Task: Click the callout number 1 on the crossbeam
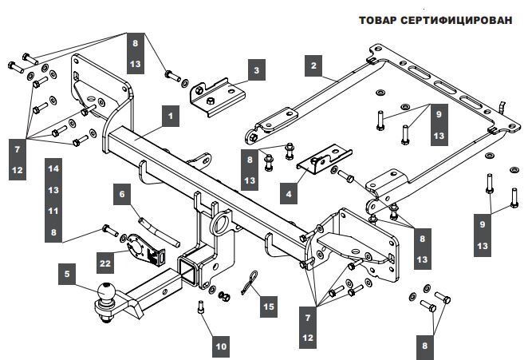click(169, 115)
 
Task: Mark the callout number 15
click(269, 306)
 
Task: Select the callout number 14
click(53, 169)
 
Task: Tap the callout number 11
click(53, 211)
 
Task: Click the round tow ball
click(106, 295)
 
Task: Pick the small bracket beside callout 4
click(321, 160)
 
